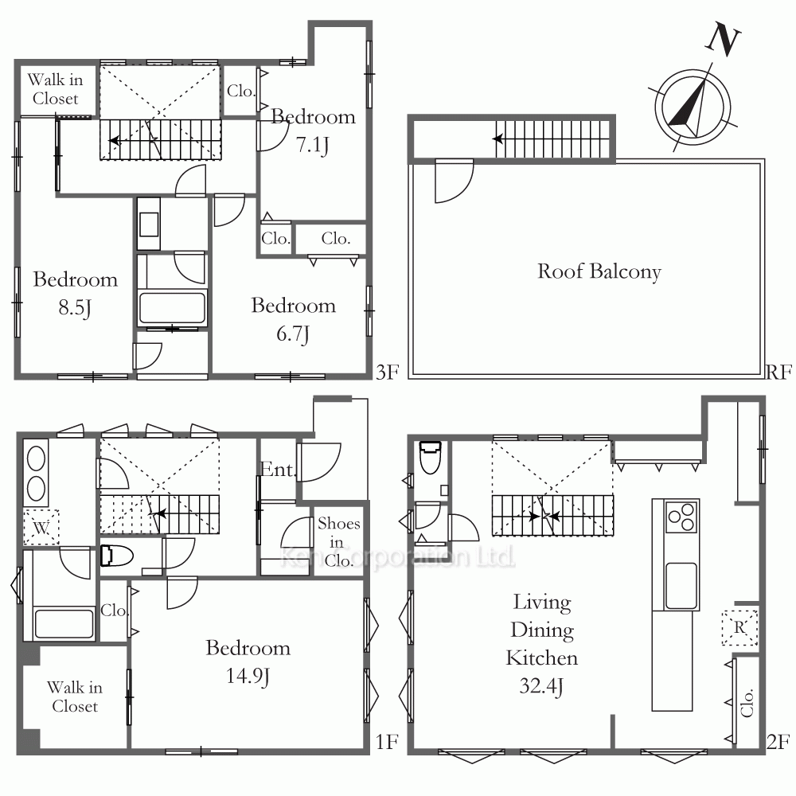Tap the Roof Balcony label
[599, 271]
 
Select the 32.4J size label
[541, 686]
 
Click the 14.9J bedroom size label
[248, 676]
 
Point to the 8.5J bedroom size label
[75, 307]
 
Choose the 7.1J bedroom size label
[313, 145]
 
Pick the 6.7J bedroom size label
[293, 334]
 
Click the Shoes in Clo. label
[338, 541]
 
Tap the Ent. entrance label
[278, 470]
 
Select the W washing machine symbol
[41, 528]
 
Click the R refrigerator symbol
[739, 627]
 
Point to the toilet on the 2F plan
[431, 457]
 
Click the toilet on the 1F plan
[117, 556]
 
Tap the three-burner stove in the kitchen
[682, 517]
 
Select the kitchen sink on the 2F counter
[681, 585]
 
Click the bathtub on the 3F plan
[172, 307]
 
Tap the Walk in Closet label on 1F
[75, 696]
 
